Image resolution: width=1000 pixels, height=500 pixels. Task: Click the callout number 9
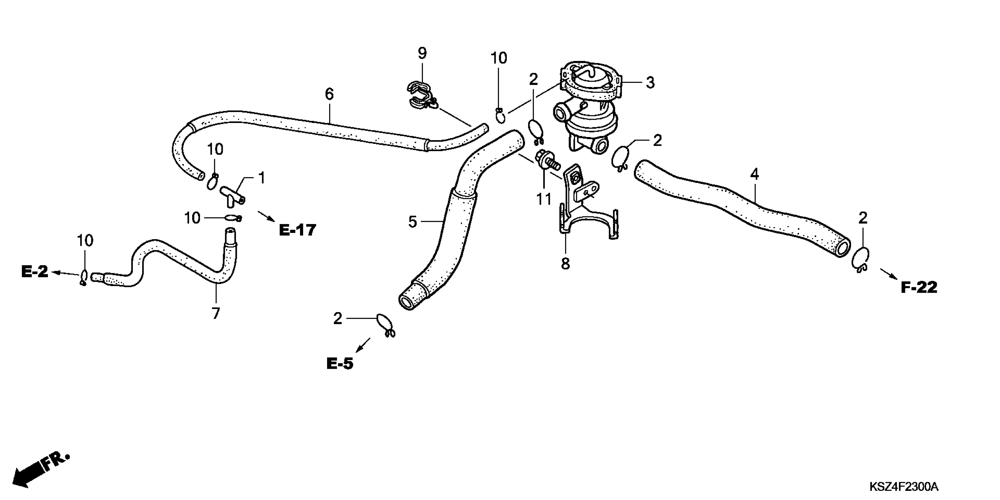[422, 53]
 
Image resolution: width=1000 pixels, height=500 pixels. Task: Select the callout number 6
[329, 94]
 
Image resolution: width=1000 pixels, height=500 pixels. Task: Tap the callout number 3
[650, 82]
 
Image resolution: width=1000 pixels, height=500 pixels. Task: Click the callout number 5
[412, 222]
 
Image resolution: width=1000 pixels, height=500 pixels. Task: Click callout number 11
[543, 199]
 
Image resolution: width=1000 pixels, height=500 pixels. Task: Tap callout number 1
[262, 178]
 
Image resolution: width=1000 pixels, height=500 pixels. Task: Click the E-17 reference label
[297, 230]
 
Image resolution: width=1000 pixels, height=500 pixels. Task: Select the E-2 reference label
[35, 271]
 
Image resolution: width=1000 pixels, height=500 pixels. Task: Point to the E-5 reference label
[340, 364]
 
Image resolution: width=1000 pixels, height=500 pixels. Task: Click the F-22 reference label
[919, 287]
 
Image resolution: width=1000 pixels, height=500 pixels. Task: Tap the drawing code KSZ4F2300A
[904, 486]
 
